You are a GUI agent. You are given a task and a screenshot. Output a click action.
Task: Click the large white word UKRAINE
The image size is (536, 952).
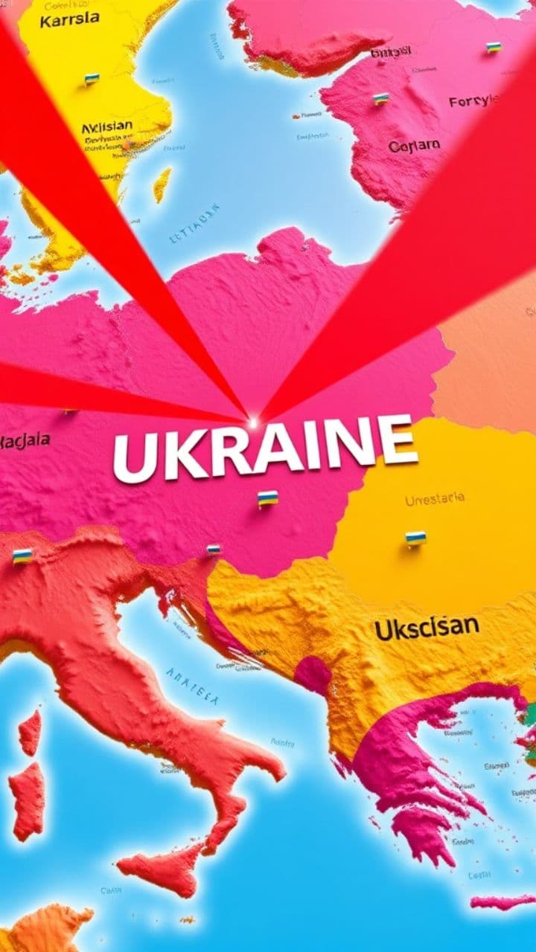click(265, 448)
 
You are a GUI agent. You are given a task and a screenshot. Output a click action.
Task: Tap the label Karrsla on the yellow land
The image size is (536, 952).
click(69, 20)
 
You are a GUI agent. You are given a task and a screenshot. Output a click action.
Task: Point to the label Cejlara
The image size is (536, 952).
click(414, 146)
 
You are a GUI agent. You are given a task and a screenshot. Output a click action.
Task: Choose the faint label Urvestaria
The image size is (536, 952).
click(435, 500)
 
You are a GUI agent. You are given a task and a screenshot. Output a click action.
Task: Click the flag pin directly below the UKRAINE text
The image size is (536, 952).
click(268, 498)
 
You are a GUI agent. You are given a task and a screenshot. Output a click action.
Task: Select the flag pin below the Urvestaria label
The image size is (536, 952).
click(416, 537)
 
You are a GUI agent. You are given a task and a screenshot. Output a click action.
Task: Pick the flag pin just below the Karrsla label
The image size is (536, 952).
click(92, 78)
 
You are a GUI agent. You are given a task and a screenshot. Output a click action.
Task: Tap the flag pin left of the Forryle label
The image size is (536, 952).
click(381, 98)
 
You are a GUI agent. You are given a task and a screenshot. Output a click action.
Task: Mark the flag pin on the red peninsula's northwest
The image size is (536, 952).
click(22, 556)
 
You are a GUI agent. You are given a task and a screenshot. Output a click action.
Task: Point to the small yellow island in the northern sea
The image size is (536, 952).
click(162, 184)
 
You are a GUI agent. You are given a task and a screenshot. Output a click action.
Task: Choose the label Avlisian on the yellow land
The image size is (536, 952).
click(107, 128)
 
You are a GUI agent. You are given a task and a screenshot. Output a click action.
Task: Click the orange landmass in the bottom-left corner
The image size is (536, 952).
click(45, 930)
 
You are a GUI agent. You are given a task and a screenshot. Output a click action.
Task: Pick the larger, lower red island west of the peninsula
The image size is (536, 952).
click(28, 800)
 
